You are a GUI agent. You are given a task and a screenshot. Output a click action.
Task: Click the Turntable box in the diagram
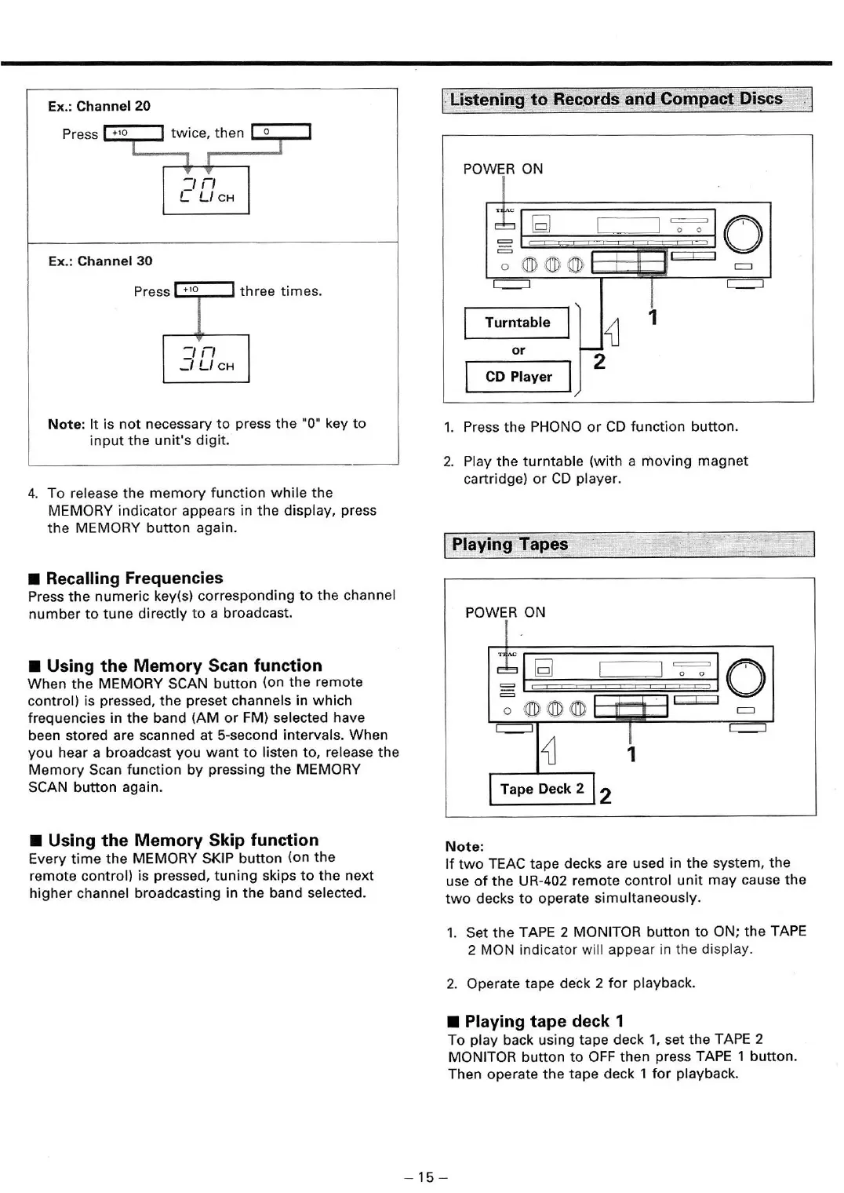pyautogui.click(x=517, y=323)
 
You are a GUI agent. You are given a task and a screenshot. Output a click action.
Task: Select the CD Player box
pyautogui.click(x=518, y=377)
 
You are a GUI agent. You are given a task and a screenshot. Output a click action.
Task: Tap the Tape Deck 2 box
pyautogui.click(x=541, y=789)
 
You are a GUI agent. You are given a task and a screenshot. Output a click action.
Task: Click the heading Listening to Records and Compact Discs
pyautogui.click(x=617, y=100)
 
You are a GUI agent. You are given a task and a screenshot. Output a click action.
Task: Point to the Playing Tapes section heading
pyautogui.click(x=510, y=545)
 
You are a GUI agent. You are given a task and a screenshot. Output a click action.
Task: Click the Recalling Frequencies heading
pyautogui.click(x=134, y=578)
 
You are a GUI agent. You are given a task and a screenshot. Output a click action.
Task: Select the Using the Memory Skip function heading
pyautogui.click(x=183, y=841)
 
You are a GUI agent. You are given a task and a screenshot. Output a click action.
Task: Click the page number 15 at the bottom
pyautogui.click(x=426, y=1177)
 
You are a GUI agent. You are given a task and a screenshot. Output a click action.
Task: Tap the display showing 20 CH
pyautogui.click(x=206, y=190)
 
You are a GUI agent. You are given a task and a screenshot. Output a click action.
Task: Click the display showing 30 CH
pyautogui.click(x=206, y=359)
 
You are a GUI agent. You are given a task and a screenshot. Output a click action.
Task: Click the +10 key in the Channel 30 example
pyautogui.click(x=204, y=290)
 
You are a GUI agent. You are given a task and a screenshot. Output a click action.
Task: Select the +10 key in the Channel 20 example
pyautogui.click(x=133, y=133)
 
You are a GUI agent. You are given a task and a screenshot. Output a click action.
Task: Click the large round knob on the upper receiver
pyautogui.click(x=743, y=233)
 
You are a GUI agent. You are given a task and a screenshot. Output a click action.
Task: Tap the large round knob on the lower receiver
pyautogui.click(x=745, y=677)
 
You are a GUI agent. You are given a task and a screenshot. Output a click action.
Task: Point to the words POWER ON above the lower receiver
pyautogui.click(x=504, y=612)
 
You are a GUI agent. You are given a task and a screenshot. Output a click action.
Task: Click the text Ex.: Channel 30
pyautogui.click(x=100, y=261)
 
